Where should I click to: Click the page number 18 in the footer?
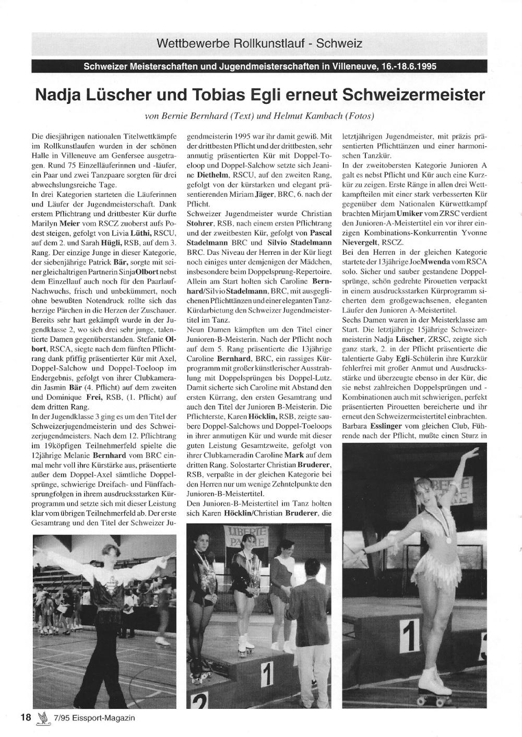pos(26,717)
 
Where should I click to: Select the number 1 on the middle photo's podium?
pos(266,678)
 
